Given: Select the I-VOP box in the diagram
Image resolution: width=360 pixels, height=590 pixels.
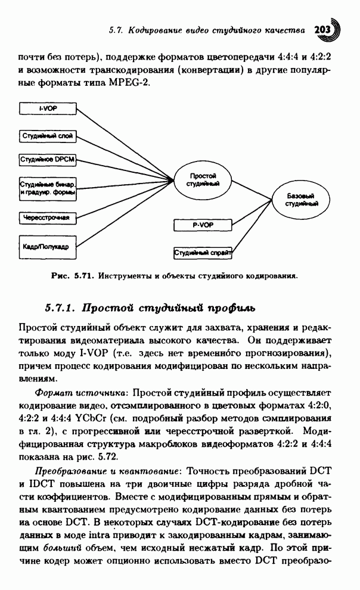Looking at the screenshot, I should click(48, 109).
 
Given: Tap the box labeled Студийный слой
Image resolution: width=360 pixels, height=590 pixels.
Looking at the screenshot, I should click(48, 136).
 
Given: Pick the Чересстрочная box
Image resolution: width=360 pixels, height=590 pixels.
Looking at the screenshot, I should click(48, 218).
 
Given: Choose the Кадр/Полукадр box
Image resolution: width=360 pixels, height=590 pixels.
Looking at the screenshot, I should click(48, 246).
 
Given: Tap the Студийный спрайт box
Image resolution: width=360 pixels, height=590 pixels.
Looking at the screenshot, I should click(202, 253).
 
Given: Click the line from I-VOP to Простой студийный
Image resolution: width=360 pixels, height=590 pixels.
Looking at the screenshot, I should click(125, 142).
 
